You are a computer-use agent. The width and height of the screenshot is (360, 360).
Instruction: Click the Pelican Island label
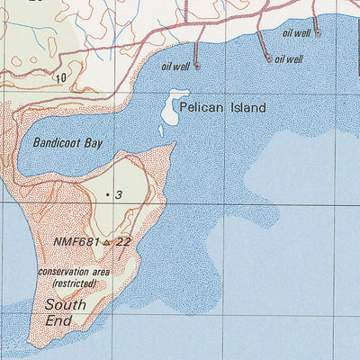click(222, 108)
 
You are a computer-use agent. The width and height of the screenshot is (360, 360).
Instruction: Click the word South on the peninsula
click(66, 304)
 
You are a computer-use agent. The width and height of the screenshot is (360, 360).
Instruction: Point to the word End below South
click(58, 320)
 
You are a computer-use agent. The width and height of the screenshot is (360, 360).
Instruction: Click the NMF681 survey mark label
click(76, 242)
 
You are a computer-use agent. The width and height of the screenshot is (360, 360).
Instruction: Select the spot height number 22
click(123, 242)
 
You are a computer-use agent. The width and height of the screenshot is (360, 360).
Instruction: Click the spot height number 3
click(118, 194)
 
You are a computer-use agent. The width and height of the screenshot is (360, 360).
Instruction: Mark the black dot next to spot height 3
click(107, 194)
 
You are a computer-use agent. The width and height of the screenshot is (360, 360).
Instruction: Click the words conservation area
click(74, 271)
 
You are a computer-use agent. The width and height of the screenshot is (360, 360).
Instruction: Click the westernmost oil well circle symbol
click(197, 66)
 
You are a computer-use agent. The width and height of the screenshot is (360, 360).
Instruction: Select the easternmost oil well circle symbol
click(317, 31)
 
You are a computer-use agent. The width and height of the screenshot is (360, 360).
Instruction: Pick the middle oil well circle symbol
click(268, 58)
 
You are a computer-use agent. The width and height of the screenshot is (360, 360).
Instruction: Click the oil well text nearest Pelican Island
click(175, 66)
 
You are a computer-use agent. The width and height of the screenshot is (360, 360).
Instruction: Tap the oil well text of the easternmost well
click(296, 32)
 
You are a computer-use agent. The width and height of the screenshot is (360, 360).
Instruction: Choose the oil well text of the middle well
click(289, 59)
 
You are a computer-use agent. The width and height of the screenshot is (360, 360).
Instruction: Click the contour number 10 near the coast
click(60, 78)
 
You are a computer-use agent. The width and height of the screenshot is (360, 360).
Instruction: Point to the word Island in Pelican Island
click(247, 108)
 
